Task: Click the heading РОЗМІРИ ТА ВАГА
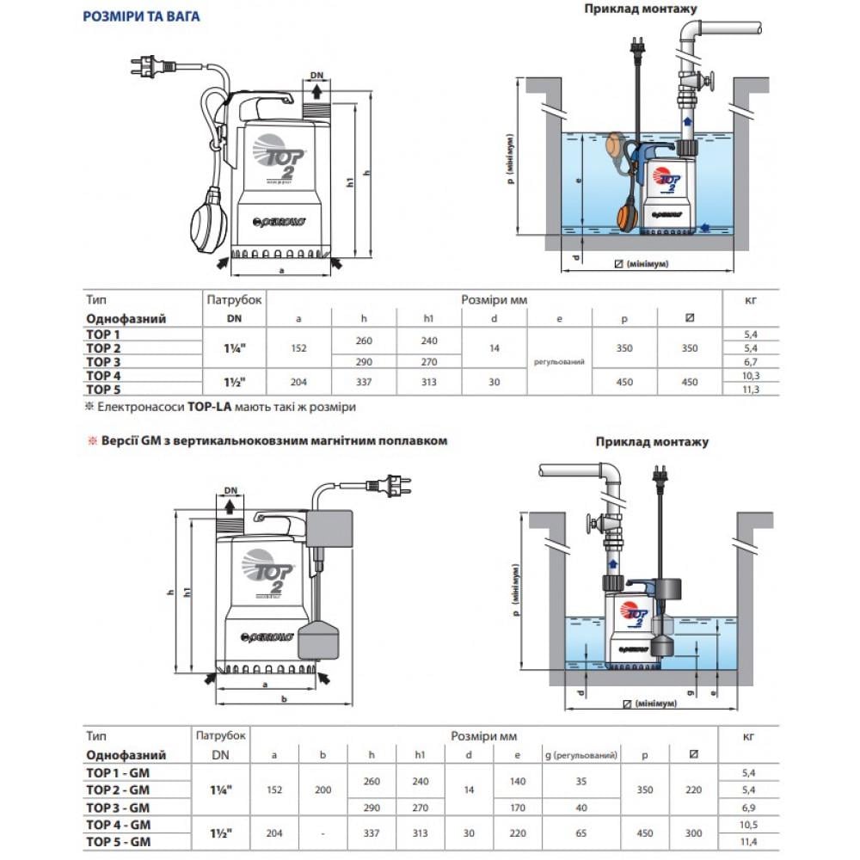141,16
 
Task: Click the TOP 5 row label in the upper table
102,389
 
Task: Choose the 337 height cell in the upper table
364,382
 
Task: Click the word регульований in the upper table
559,362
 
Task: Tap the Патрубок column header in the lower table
221,736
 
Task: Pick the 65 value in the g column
582,833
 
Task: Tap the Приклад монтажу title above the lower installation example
652,442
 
